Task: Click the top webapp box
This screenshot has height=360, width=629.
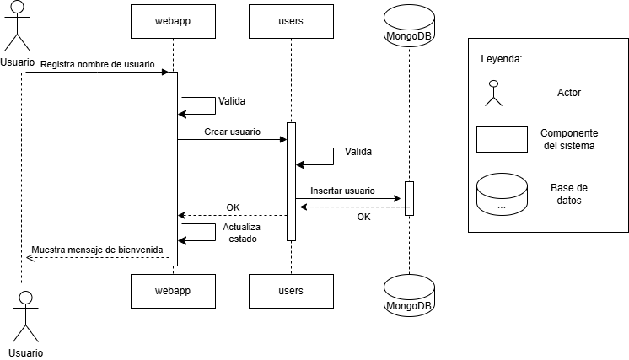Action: coord(173,21)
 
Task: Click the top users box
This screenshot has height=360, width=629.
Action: coord(291,21)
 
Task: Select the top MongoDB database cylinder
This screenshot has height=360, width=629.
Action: coord(409,26)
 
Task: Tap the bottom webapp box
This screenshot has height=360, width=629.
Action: coord(173,291)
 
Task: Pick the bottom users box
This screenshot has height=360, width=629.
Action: coord(291,291)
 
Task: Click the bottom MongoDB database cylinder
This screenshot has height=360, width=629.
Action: coord(409,295)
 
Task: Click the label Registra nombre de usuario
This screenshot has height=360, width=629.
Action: coord(97,65)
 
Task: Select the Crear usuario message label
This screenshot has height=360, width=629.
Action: coord(232,132)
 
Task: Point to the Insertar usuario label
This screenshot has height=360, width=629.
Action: coord(342,191)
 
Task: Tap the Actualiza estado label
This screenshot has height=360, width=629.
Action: coord(241,233)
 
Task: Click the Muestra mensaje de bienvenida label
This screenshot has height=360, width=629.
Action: coord(97,250)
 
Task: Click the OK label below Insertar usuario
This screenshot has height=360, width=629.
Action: coord(363,218)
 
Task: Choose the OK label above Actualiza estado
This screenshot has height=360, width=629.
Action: coord(233,208)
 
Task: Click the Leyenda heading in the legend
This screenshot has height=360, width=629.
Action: coord(501,60)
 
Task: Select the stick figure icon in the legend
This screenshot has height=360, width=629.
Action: coord(493,93)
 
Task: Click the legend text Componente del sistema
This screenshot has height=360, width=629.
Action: coord(569,140)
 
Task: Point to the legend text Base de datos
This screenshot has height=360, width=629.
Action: coord(569,194)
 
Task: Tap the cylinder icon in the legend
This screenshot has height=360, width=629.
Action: coord(502,195)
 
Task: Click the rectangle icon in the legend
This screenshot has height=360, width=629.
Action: coord(502,140)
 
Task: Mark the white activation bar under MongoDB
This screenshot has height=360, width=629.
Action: coord(409,198)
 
